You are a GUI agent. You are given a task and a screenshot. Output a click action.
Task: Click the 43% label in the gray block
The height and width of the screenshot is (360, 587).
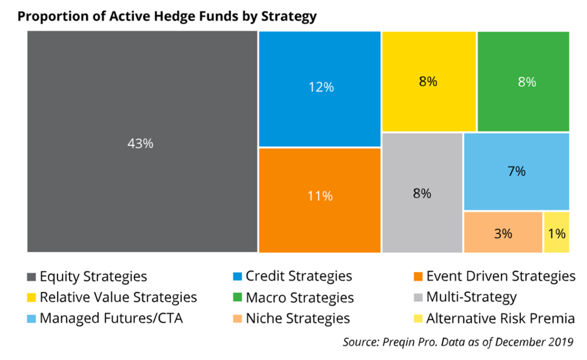click(140, 144)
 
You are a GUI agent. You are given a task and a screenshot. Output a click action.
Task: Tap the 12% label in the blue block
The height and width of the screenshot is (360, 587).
click(321, 87)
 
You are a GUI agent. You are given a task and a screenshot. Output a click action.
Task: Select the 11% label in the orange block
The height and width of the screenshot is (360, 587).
click(320, 196)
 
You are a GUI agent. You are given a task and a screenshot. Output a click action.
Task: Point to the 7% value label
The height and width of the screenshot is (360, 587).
click(516, 171)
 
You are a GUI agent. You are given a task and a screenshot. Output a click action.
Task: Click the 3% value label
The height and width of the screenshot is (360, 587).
click(503, 233)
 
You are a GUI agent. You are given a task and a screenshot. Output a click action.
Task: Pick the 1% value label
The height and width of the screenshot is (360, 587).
click(556, 233)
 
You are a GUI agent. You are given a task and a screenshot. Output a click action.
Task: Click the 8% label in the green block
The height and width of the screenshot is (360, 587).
click(527, 82)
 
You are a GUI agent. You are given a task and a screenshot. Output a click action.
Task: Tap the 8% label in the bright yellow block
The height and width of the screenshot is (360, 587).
click(428, 82)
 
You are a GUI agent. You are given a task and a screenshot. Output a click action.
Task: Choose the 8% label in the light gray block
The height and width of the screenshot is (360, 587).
click(422, 194)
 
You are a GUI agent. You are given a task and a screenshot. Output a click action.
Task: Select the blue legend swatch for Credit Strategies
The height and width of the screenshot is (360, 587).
click(237, 276)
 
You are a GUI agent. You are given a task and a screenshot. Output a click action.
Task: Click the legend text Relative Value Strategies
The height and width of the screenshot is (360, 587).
click(118, 297)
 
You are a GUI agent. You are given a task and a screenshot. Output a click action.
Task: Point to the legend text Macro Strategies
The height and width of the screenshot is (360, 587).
click(300, 298)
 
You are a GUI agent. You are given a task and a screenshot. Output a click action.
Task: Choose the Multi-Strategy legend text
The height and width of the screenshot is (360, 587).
click(471, 297)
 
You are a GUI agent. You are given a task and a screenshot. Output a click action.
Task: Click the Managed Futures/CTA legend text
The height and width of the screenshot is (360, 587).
click(111, 319)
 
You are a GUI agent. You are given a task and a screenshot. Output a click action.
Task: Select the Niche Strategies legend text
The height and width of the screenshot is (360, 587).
click(298, 319)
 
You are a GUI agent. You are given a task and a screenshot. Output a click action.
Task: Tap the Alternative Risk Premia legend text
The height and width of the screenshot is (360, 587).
click(500, 319)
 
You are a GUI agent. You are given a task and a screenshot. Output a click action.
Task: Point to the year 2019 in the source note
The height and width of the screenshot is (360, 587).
click(560, 342)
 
